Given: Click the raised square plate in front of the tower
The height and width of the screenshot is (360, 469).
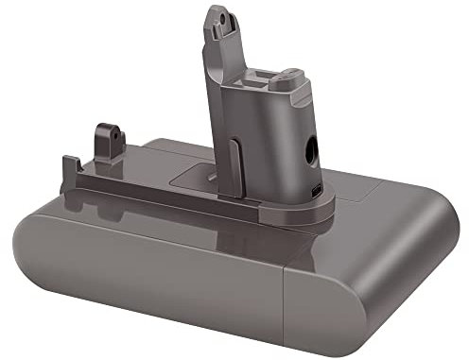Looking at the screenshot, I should coord(212,176).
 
